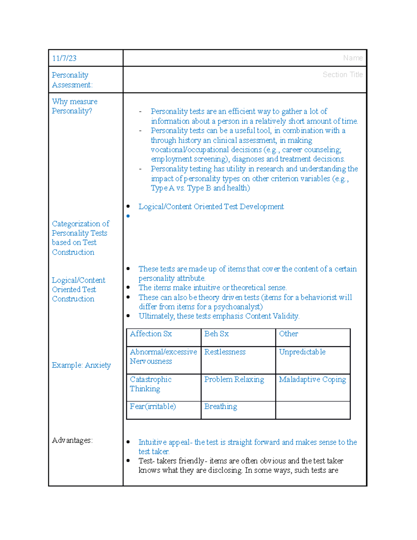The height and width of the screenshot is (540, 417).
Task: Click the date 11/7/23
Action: (64, 58)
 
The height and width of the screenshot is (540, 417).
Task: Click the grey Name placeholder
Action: (352, 58)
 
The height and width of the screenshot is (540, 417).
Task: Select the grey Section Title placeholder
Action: (342, 74)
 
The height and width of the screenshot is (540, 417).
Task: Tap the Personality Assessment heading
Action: (72, 80)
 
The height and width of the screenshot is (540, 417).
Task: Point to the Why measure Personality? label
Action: (74, 106)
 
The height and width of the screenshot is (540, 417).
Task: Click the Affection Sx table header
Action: (151, 334)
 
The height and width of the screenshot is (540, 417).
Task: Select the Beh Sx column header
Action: (216, 334)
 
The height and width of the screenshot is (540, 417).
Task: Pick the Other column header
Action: (288, 334)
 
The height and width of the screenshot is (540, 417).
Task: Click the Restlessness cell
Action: (225, 352)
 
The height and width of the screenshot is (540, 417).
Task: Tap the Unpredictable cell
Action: (302, 352)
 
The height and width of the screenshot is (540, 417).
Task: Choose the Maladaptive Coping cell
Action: (312, 379)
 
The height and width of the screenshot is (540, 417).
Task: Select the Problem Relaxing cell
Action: (234, 379)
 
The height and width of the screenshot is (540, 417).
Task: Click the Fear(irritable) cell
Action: (153, 406)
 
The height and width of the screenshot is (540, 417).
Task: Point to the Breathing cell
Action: (221, 406)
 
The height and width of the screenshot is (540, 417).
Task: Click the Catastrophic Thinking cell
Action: (150, 384)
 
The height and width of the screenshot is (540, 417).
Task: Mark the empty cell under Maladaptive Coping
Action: (313, 410)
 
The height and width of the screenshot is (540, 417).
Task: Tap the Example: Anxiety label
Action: (81, 365)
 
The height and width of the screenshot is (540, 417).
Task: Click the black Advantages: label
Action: (72, 440)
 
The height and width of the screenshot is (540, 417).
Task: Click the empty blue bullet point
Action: (128, 216)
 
